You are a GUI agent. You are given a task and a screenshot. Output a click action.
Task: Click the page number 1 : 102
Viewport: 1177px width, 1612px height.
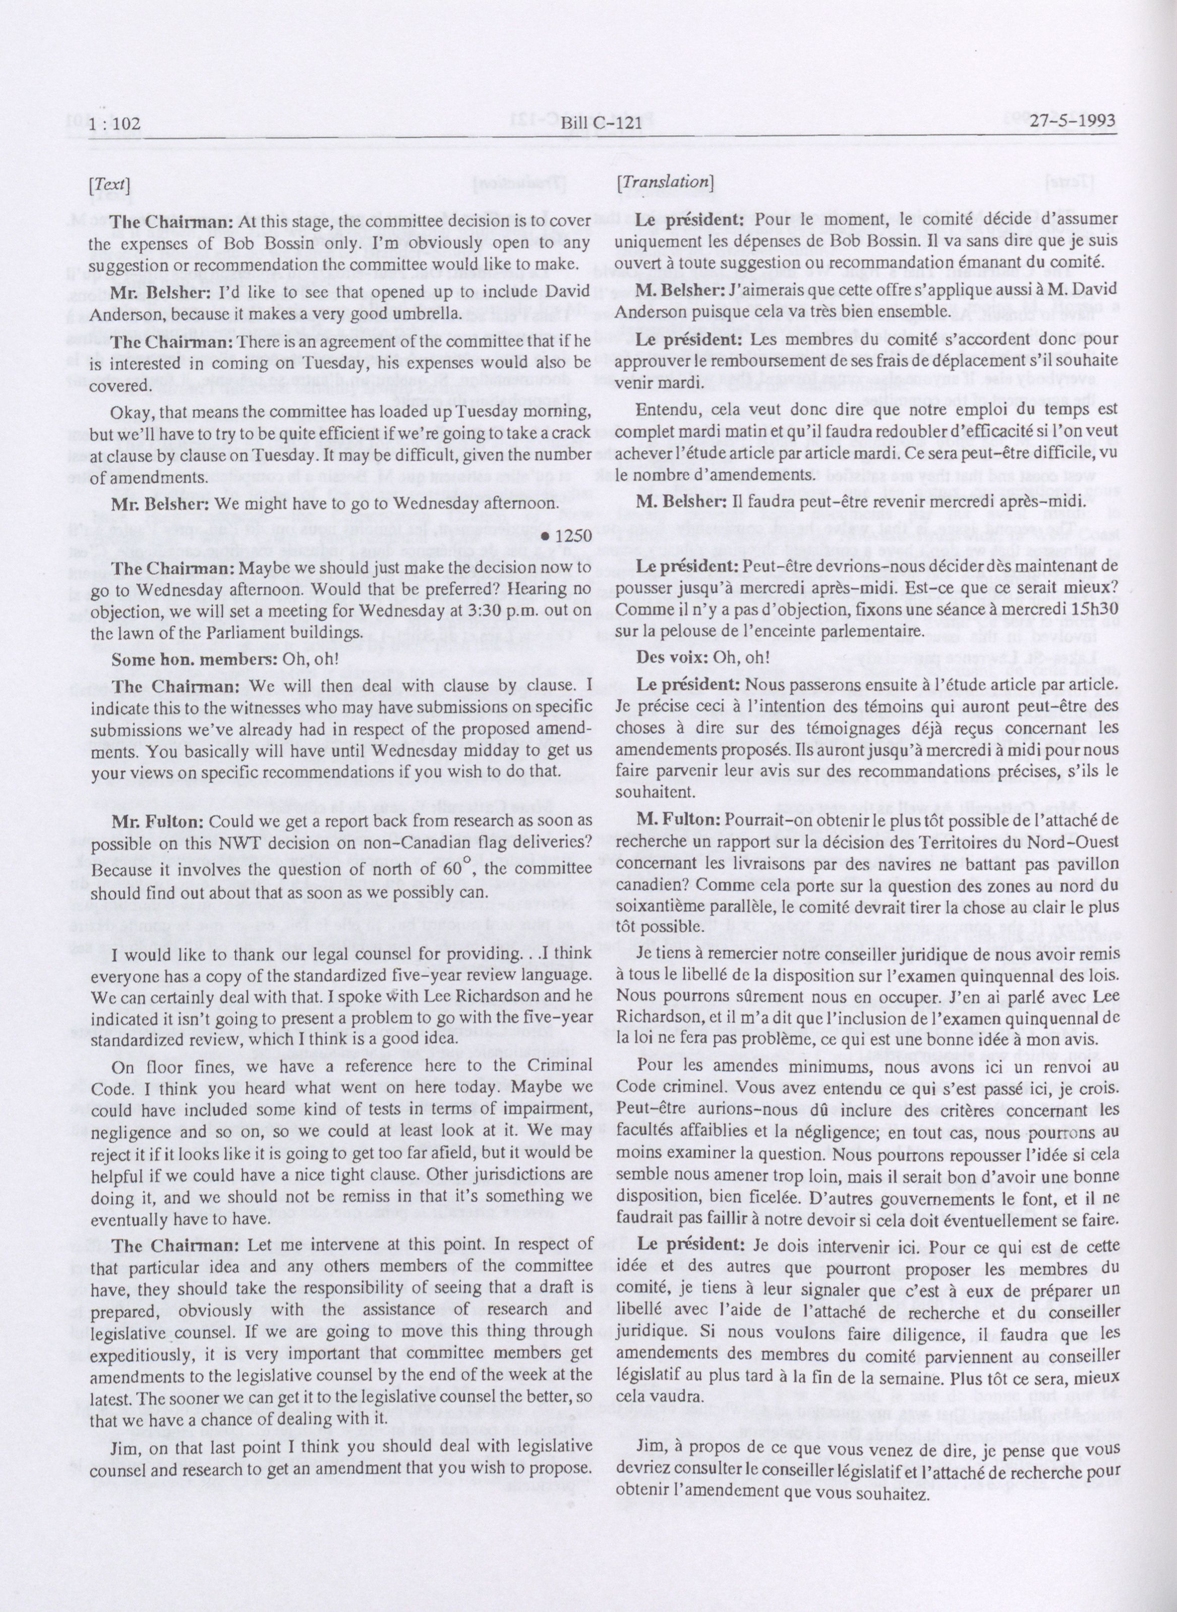[115, 124]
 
